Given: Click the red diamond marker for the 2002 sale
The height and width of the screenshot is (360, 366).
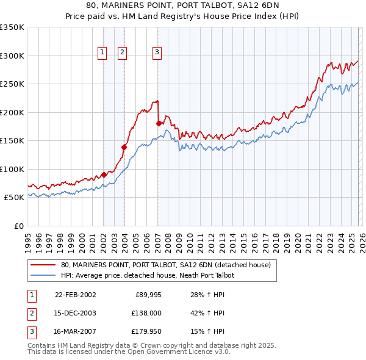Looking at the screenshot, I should (x=104, y=175).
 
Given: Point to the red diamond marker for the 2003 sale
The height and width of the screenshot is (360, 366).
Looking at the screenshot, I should (x=124, y=147).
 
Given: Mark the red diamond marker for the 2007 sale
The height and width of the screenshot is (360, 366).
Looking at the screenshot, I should (x=159, y=124).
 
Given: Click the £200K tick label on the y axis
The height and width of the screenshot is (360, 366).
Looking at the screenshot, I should (x=12, y=113).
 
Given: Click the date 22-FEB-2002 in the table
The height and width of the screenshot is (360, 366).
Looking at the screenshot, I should (x=75, y=295).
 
